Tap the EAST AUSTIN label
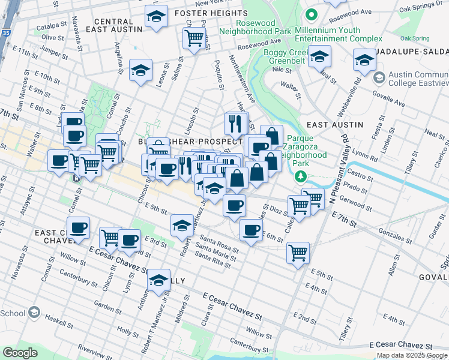coord(335,124)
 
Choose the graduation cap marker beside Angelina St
coord(140,71)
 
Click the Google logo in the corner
coord(20,352)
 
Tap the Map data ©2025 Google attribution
coord(412,355)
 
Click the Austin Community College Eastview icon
coord(379,78)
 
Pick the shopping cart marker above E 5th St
coord(298,253)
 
